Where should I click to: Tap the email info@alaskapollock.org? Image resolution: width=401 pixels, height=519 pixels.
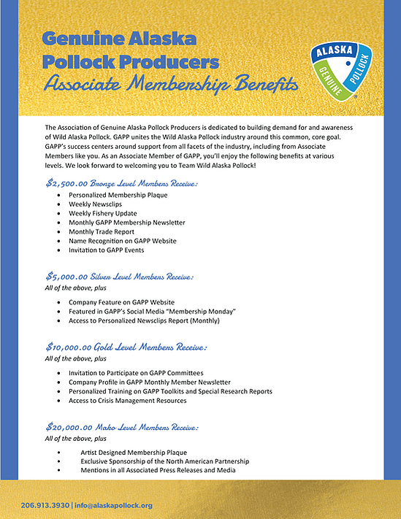[x=113, y=505]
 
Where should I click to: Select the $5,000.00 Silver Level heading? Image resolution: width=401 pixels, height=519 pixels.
[x=119, y=277]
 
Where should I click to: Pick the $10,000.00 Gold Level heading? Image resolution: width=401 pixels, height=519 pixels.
[x=126, y=347]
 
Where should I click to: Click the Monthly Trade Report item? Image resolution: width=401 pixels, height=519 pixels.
[x=102, y=231]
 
